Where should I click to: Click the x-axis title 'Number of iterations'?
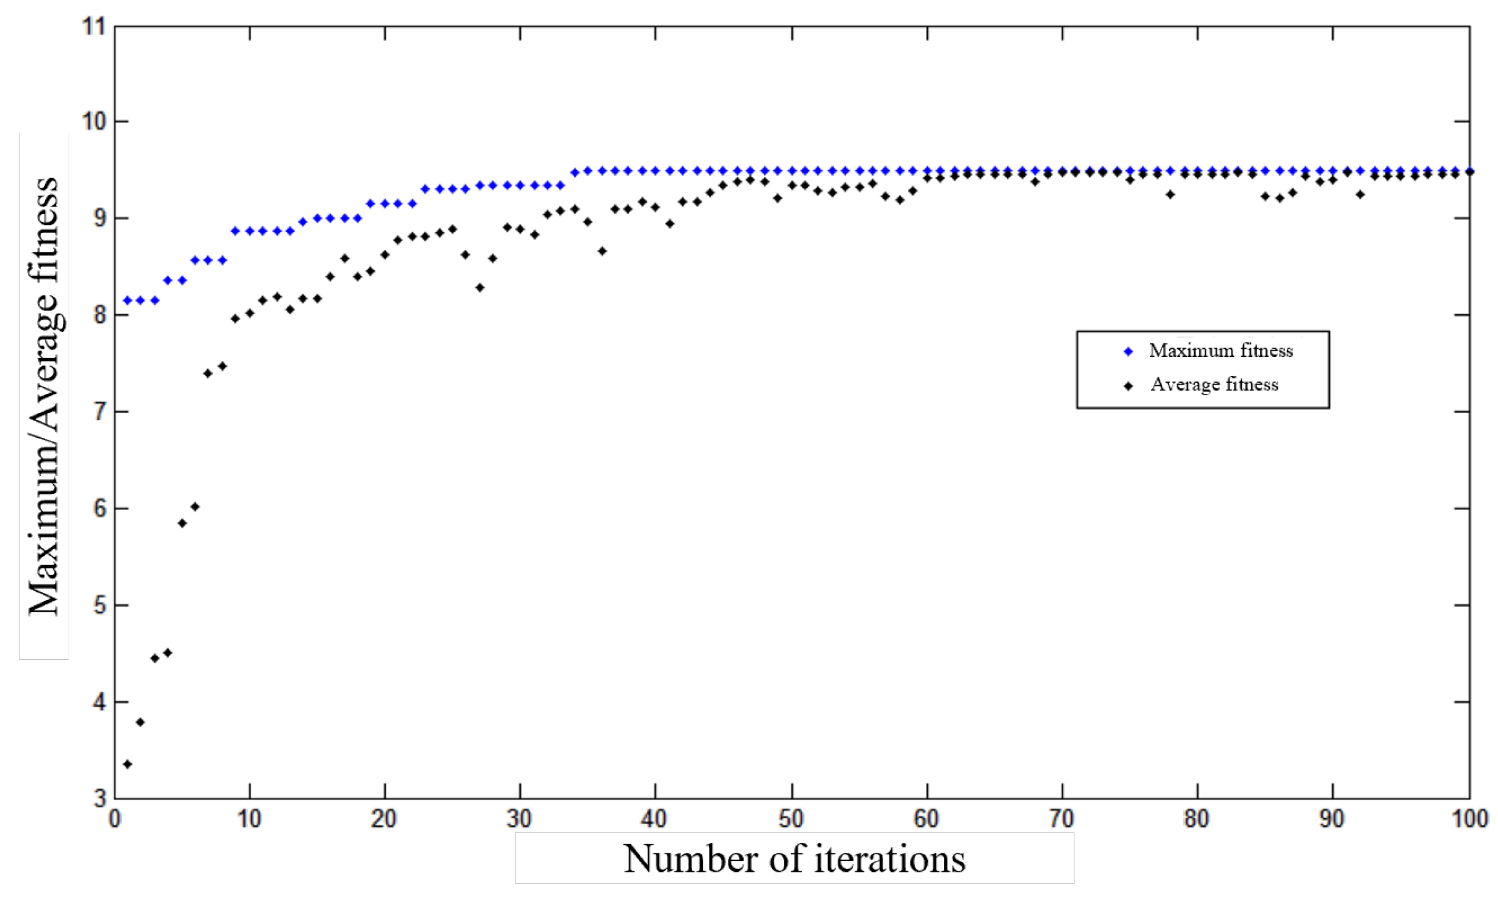click(794, 859)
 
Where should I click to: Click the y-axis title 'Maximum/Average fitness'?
click(43, 396)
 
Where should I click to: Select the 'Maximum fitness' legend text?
click(1220, 351)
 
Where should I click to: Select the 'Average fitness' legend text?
click(1213, 385)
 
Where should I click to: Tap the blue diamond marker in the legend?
click(1128, 351)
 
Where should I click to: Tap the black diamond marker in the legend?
click(1128, 386)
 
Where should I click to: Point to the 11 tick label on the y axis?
click(94, 27)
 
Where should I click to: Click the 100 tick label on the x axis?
click(1470, 819)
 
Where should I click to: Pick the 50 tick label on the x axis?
click(790, 819)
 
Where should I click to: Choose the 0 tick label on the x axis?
click(114, 819)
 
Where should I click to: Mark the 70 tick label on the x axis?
click(1061, 819)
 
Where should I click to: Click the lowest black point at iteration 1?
click(127, 764)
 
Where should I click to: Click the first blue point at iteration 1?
click(127, 301)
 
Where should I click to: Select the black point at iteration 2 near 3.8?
click(140, 722)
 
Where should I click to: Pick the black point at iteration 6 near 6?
click(195, 507)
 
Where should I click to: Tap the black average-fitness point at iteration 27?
click(480, 288)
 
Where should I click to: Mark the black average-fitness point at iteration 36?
click(602, 251)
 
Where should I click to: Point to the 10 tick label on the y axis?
click(94, 122)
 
